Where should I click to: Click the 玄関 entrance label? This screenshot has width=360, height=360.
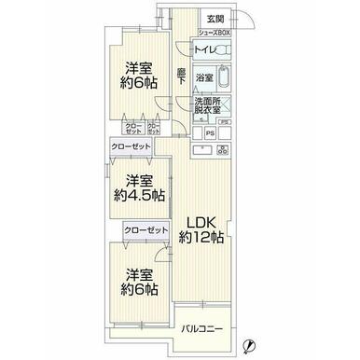coord(215,19)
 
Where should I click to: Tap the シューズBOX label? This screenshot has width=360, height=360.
coord(213,31)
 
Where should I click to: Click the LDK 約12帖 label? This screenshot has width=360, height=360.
coord(202,229)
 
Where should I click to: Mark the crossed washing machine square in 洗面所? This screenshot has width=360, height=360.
coord(224,104)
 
